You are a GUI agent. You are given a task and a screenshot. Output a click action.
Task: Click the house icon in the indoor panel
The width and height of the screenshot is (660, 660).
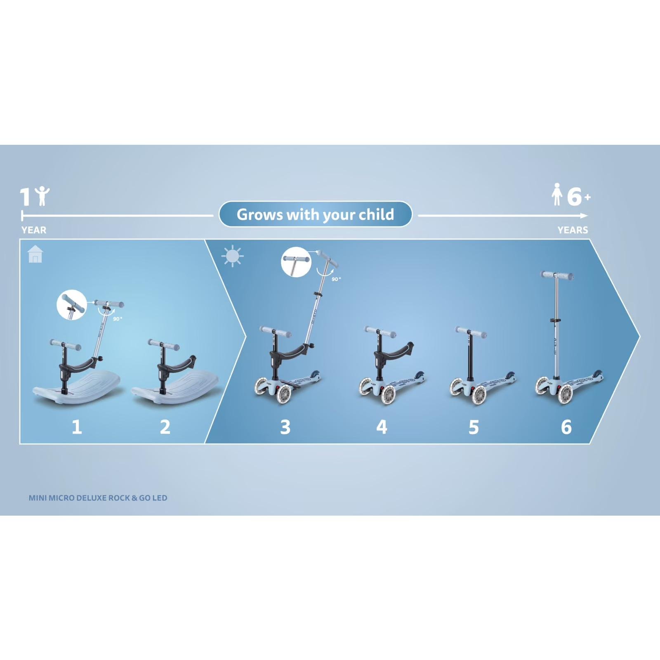pyautogui.click(x=35, y=254)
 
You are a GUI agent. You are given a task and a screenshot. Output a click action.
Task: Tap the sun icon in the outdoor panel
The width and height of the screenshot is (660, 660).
pyautogui.click(x=232, y=256)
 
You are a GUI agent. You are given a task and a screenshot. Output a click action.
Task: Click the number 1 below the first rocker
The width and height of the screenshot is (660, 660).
pyautogui.click(x=77, y=427)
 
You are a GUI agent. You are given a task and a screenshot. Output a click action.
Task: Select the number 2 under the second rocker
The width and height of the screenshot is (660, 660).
pyautogui.click(x=165, y=427)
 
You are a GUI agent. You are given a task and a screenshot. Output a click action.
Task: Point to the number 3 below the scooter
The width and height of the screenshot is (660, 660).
pyautogui.click(x=285, y=427)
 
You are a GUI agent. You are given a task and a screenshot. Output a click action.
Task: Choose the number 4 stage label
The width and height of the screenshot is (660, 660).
pyautogui.click(x=382, y=427)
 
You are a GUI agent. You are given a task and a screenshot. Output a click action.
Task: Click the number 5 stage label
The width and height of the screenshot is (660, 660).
pyautogui.click(x=474, y=427)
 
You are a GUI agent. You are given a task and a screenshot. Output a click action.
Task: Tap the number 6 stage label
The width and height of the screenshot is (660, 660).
pyautogui.click(x=566, y=427)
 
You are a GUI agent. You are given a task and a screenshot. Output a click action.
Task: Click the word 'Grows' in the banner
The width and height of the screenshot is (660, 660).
pyautogui.click(x=259, y=214)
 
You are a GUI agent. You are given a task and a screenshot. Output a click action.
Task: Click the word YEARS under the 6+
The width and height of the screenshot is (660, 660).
pyautogui.click(x=573, y=230)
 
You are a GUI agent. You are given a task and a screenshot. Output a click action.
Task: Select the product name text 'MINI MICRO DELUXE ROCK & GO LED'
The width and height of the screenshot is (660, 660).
pyautogui.click(x=98, y=498)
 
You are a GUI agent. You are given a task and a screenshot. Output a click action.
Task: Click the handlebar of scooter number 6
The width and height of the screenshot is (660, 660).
pyautogui.click(x=557, y=275)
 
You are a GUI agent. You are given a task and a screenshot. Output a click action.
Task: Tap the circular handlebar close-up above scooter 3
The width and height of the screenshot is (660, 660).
pyautogui.click(x=296, y=262)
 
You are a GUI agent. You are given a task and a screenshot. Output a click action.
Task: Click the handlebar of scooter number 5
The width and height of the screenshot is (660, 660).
pyautogui.click(x=471, y=332)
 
